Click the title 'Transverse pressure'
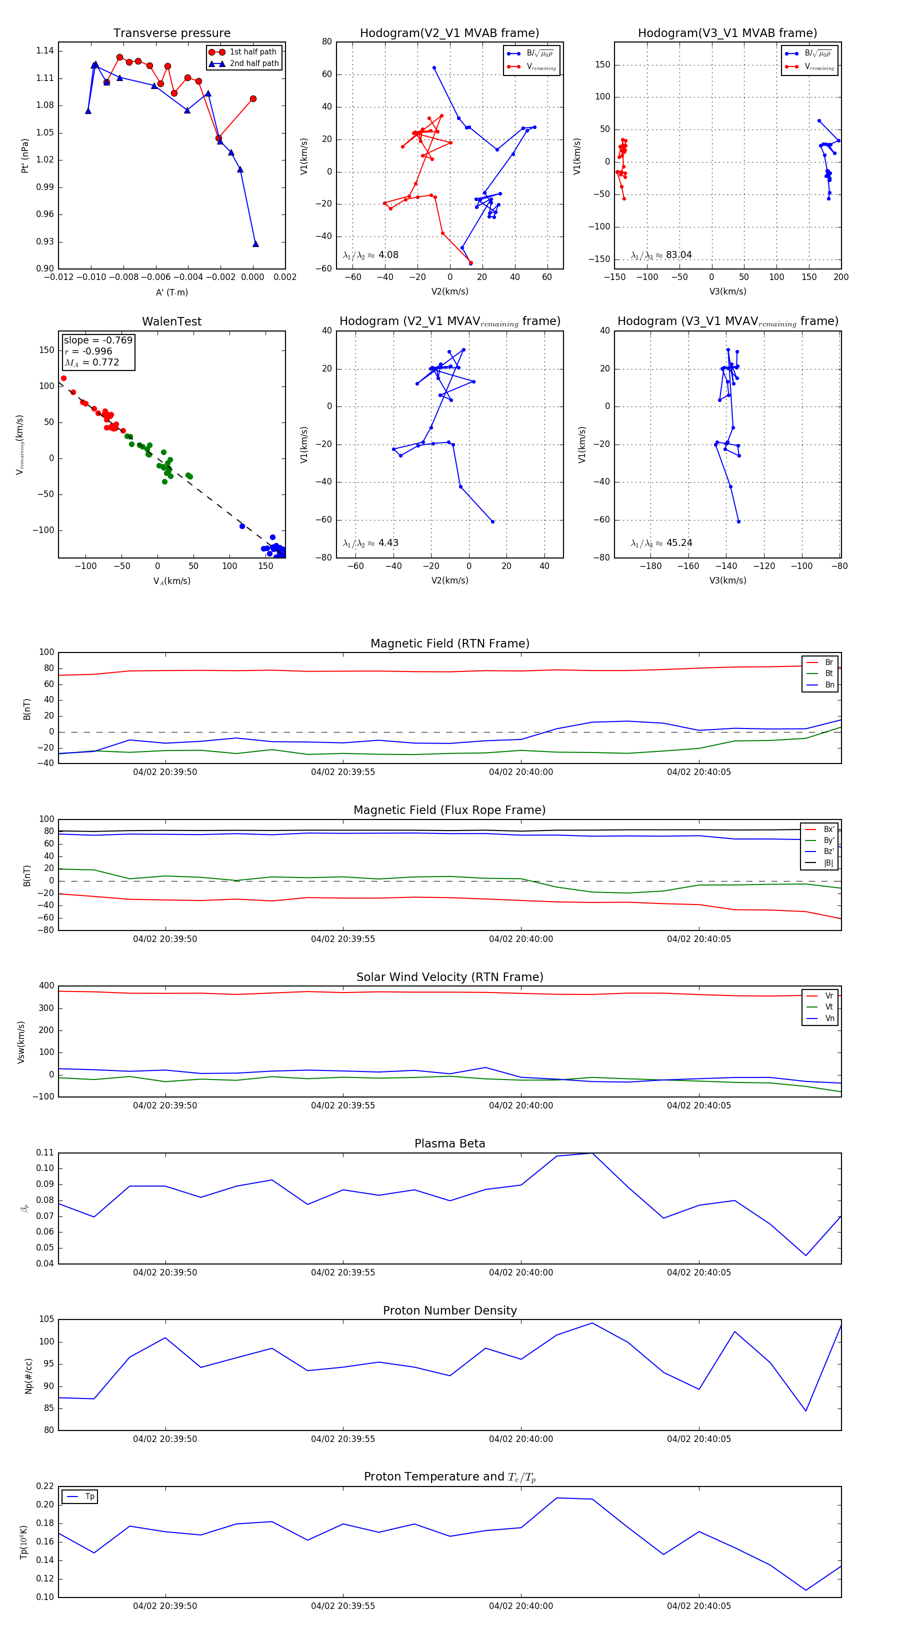pos(171,33)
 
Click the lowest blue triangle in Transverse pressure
pos(255,243)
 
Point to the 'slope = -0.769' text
pos(98,340)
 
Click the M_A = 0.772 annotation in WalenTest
pos(91,362)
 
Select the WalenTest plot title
pos(171,321)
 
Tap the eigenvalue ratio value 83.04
pos(678,255)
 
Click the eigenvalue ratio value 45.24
pos(679,543)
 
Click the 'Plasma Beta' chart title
pos(449,1144)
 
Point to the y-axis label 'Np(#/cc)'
pos(28,1376)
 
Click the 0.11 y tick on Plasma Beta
pos(45,1152)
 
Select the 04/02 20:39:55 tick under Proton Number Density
pos(342,1438)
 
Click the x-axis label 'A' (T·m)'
pos(171,292)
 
